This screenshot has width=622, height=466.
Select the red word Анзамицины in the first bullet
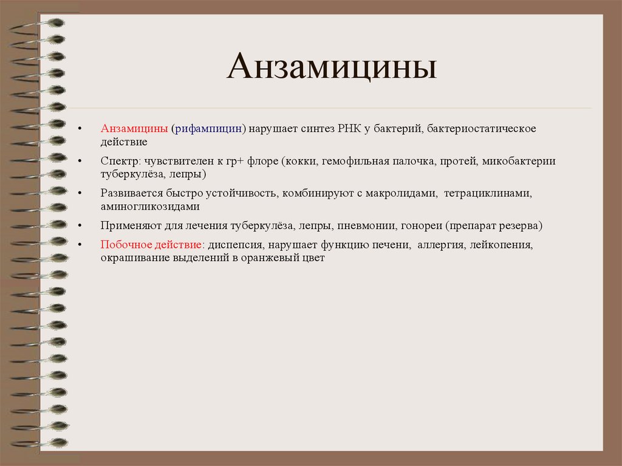[134, 129]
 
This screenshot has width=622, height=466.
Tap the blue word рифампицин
[208, 129]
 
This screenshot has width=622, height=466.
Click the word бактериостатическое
[481, 129]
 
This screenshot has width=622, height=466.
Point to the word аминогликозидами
[150, 207]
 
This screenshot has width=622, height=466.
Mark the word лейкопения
[501, 245]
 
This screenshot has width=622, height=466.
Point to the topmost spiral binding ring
[52, 23]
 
